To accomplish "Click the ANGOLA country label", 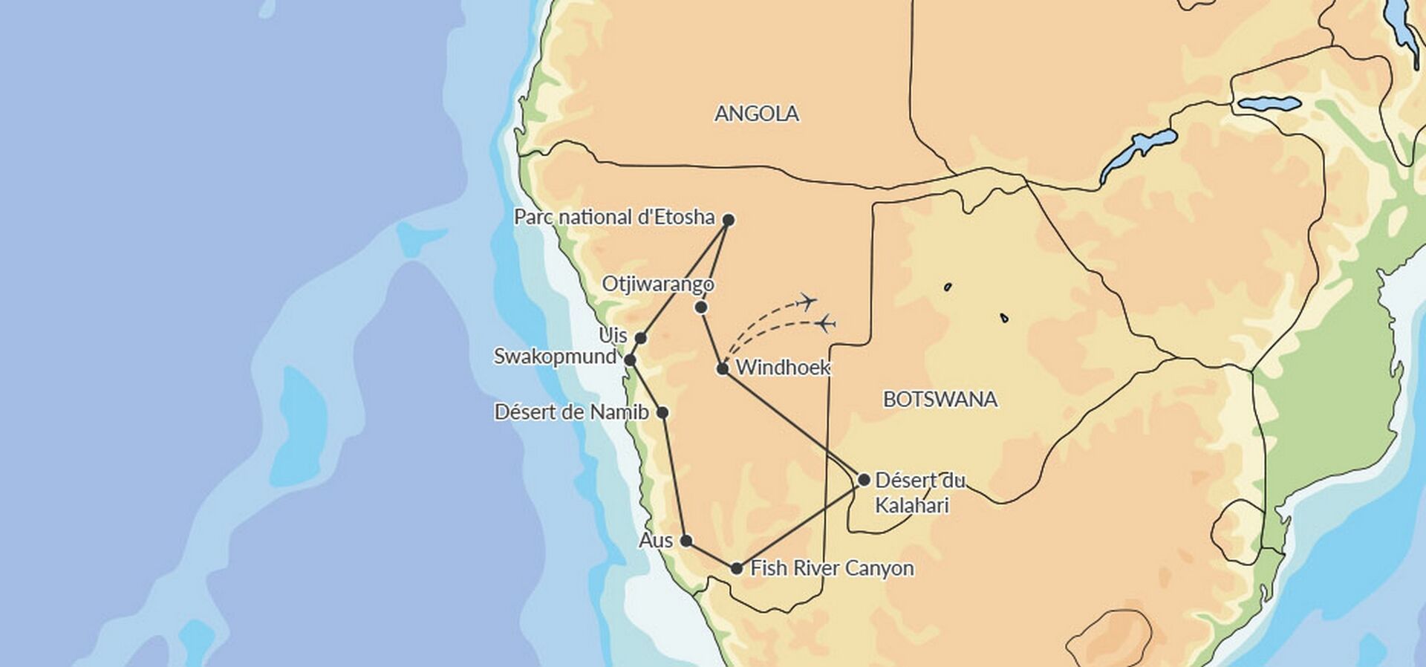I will click(756, 114).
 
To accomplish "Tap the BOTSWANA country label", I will click(940, 400).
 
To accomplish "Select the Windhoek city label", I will click(783, 368).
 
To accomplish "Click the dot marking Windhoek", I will click(723, 368).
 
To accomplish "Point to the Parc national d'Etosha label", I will click(614, 218).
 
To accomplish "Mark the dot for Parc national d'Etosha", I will click(729, 220).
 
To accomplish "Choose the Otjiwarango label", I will click(658, 284).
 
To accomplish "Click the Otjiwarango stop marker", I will click(700, 308).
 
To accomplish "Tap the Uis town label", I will click(613, 335).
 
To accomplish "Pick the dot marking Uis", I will click(640, 339).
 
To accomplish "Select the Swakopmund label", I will click(555, 357).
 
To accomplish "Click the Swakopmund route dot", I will click(630, 360).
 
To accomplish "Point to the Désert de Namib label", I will click(571, 412).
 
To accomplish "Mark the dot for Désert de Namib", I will click(662, 413).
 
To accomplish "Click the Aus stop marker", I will click(686, 541).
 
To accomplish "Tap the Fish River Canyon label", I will click(832, 569).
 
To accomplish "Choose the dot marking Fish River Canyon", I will click(736, 569).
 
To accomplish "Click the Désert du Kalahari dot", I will click(864, 480).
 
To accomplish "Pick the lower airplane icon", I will click(826, 324).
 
